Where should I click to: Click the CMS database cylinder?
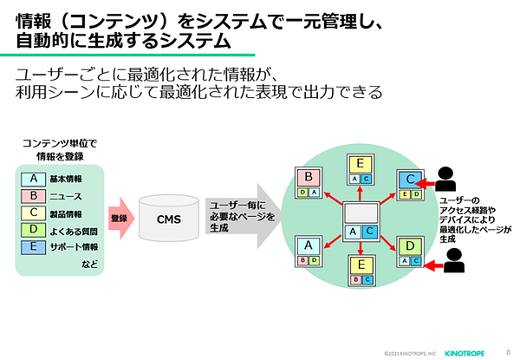(169, 218)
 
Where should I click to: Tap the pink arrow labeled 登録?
(121, 218)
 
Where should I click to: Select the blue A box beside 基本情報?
(34, 179)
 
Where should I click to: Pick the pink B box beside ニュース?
(34, 196)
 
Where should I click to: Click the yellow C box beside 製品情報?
(34, 213)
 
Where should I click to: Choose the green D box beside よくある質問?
(34, 230)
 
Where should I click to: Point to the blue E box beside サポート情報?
(34, 247)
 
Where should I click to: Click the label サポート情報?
(74, 247)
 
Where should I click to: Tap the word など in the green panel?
(90, 264)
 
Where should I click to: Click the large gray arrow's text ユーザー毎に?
(237, 206)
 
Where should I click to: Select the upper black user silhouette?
(445, 179)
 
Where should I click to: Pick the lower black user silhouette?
(453, 260)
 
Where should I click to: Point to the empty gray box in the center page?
(361, 213)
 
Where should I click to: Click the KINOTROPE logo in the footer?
(465, 353)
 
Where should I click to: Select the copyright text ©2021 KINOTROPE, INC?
(410, 354)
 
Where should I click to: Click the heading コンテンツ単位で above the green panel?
(60, 144)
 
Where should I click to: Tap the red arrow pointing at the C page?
(425, 184)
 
